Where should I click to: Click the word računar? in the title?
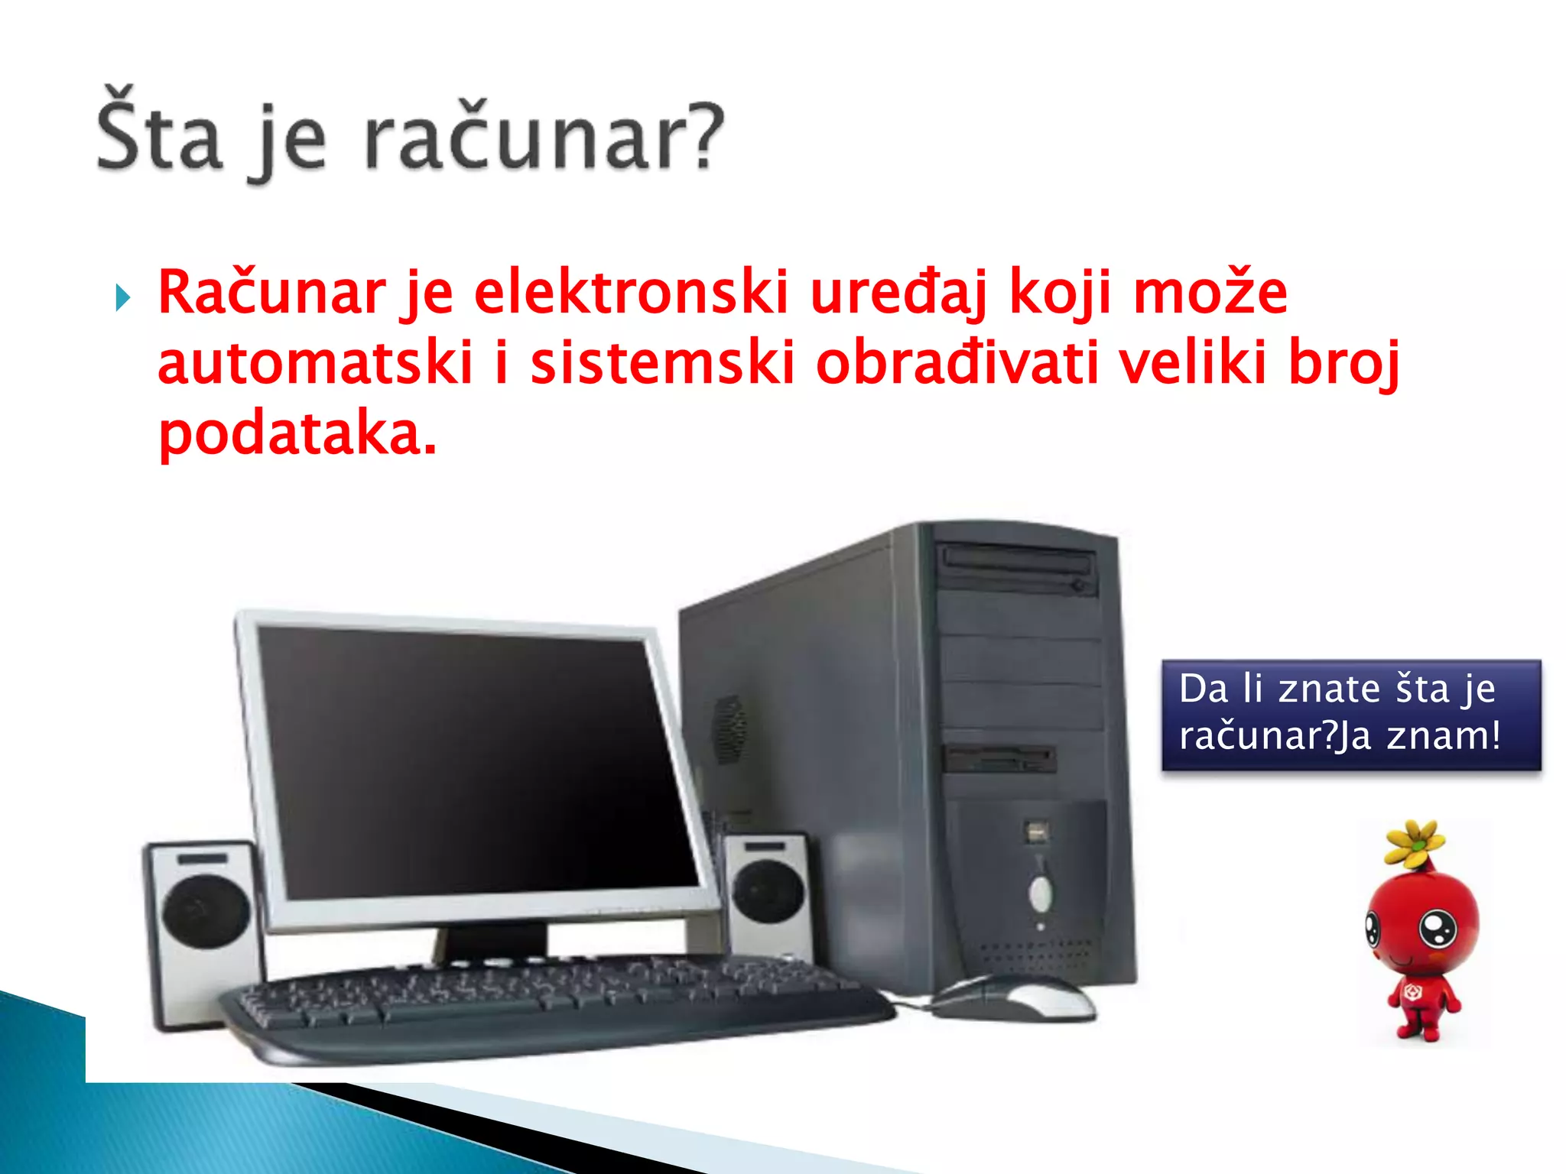543,138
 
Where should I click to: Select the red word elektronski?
631,293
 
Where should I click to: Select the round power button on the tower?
1040,892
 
